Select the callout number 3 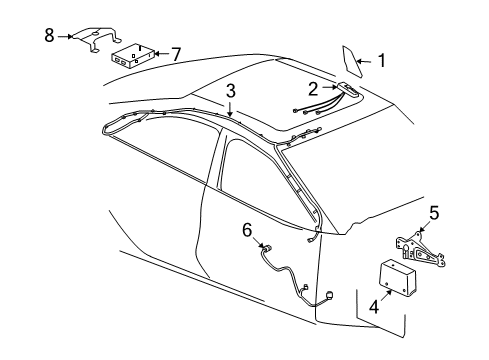[x=231, y=91]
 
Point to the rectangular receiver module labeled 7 [x=132, y=54]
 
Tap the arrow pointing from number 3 [x=231, y=111]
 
